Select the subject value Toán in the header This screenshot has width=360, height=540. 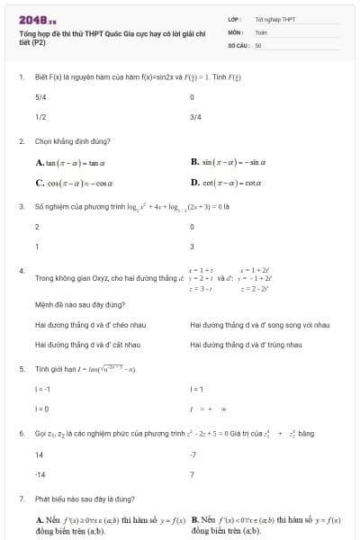pos(261,31)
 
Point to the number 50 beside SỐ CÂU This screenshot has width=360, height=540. pos(258,44)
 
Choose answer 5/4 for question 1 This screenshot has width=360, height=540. pos(40,96)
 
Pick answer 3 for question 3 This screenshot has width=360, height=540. pos(193,247)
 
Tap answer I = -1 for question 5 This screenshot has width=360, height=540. pos(42,389)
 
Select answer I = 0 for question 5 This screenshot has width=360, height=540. pos(41,409)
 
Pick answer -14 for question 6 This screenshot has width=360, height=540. pos(40,473)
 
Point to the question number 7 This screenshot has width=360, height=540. pos(21,497)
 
